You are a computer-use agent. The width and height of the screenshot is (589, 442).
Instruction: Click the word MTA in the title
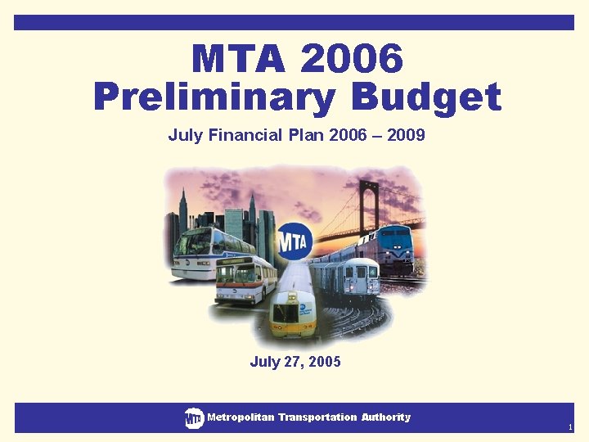238,59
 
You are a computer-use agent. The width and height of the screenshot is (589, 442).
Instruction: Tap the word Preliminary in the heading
214,97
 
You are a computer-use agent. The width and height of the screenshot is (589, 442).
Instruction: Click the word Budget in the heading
426,97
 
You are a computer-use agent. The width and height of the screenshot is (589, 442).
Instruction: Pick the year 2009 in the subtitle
406,134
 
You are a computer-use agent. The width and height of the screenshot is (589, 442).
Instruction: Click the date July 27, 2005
294,361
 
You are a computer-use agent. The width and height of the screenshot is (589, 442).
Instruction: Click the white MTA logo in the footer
194,418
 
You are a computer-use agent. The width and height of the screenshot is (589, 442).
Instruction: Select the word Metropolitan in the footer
241,417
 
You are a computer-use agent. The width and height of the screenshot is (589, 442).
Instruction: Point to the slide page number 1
570,427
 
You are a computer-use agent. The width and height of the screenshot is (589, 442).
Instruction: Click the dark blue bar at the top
294,22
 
